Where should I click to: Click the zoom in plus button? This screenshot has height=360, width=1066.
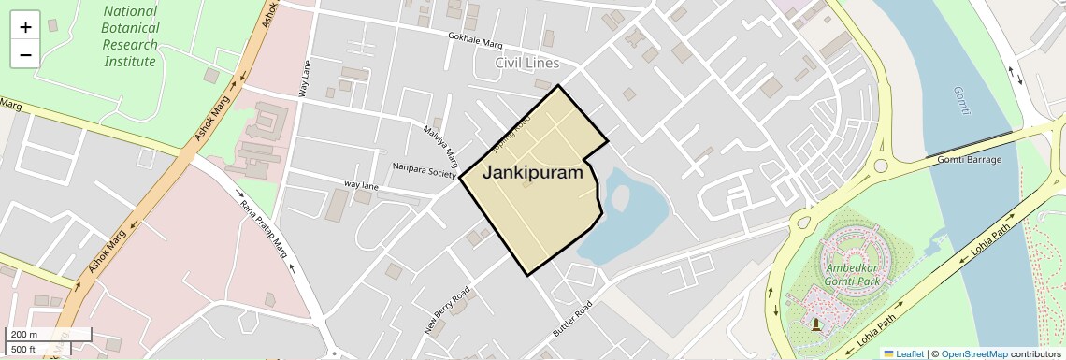click(25, 27)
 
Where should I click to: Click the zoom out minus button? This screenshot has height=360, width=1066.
click(25, 54)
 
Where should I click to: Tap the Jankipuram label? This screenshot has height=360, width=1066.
click(532, 173)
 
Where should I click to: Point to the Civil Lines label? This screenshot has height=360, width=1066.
click(527, 63)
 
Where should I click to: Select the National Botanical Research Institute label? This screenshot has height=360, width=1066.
click(130, 36)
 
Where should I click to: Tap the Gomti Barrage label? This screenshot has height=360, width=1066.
click(969, 160)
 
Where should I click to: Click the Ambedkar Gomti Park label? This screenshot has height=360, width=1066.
click(852, 276)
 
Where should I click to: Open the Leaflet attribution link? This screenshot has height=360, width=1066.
click(903, 353)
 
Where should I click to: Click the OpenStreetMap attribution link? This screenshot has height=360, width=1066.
click(973, 353)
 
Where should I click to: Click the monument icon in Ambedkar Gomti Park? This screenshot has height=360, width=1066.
click(816, 324)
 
